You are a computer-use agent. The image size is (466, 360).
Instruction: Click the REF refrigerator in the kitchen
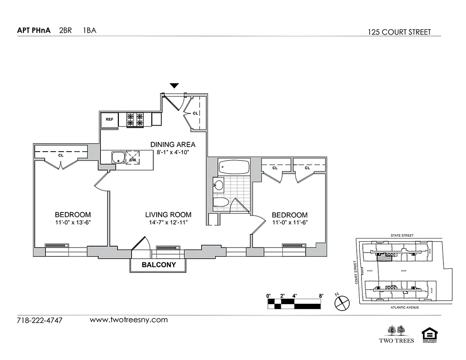coord(109,120)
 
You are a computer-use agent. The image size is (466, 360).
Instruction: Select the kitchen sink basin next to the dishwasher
coord(118,158)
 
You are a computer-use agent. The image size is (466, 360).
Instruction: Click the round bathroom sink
coord(219,184)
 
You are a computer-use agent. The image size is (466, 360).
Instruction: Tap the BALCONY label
coord(158,265)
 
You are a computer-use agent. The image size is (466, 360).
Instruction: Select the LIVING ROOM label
coord(168,215)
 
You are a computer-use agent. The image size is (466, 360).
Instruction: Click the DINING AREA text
coord(173,144)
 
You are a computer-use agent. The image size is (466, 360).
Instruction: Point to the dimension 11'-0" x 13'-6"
coord(73,223)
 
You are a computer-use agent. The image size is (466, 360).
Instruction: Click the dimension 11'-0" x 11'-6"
coord(290,223)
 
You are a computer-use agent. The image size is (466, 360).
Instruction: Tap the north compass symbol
coord(342,302)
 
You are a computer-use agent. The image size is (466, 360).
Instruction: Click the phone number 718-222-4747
coord(40,321)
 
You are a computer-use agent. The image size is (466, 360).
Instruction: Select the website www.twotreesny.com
coord(129,320)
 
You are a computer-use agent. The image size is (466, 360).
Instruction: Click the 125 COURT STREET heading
coord(399,32)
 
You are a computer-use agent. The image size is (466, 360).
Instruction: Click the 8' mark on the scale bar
coord(321,296)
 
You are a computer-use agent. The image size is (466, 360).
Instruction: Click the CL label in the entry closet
coord(195,113)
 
